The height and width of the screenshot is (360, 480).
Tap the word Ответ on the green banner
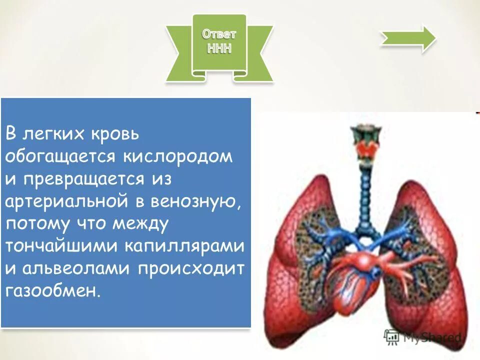[x=219, y=34]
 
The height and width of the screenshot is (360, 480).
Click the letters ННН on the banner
[x=219, y=49]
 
